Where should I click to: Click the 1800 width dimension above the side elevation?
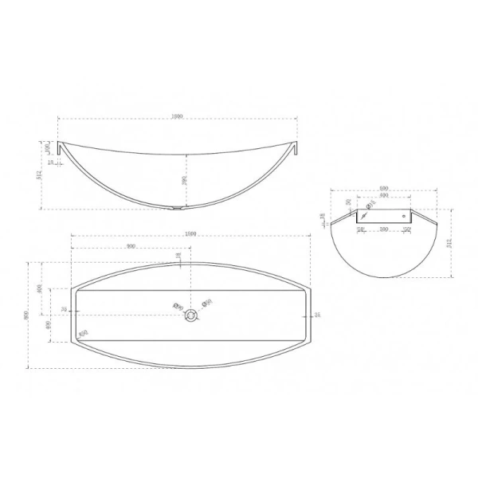(x=177, y=116)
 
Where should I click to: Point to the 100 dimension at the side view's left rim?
(x=48, y=147)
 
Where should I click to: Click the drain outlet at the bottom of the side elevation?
(x=176, y=210)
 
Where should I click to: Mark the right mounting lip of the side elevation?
(x=295, y=149)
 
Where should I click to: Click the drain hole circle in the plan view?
(x=191, y=315)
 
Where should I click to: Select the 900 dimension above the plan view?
(x=130, y=246)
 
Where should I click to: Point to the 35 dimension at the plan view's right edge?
(x=317, y=315)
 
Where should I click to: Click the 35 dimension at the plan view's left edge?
(x=65, y=310)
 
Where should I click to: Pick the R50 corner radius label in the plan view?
(x=83, y=334)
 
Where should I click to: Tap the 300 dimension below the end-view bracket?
(x=384, y=229)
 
